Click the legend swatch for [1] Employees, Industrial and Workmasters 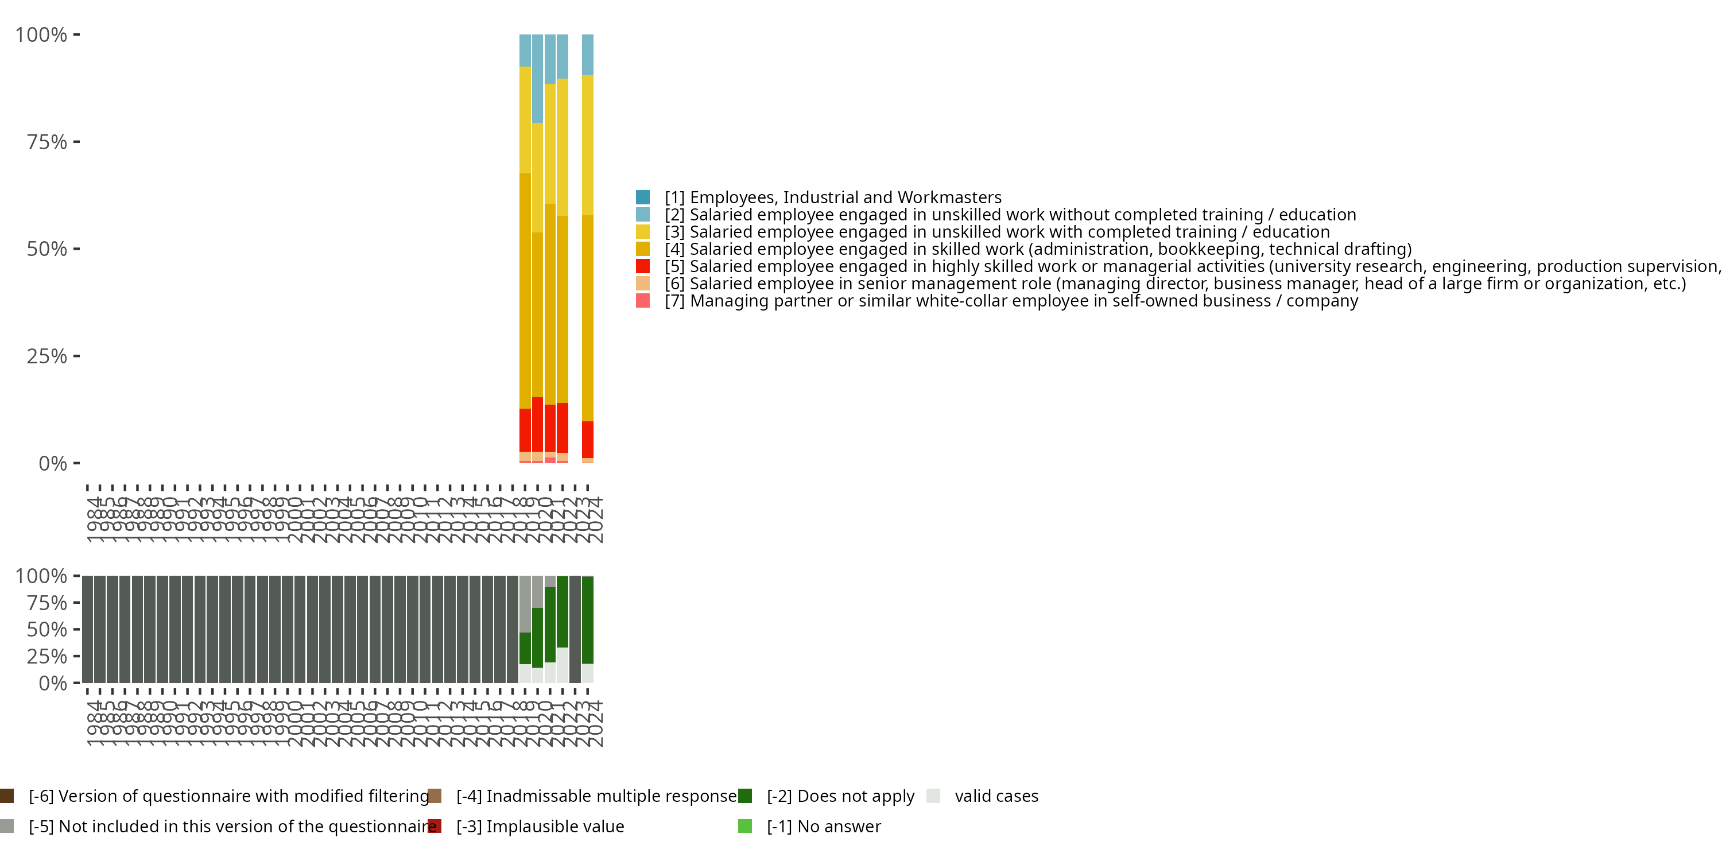(642, 197)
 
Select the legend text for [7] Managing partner (1011, 301)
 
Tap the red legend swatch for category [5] (642, 266)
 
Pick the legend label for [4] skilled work (1037, 249)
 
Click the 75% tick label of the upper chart (47, 142)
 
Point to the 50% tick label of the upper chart (47, 249)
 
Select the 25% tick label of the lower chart (47, 657)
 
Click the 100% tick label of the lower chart (41, 576)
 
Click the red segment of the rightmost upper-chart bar (588, 439)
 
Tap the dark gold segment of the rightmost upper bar (588, 317)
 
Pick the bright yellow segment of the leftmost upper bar (525, 121)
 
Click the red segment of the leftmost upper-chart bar (525, 430)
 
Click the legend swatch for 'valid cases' (933, 796)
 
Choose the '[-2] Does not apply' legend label (840, 796)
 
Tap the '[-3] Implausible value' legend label (540, 827)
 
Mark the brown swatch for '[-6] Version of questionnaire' (7, 796)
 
